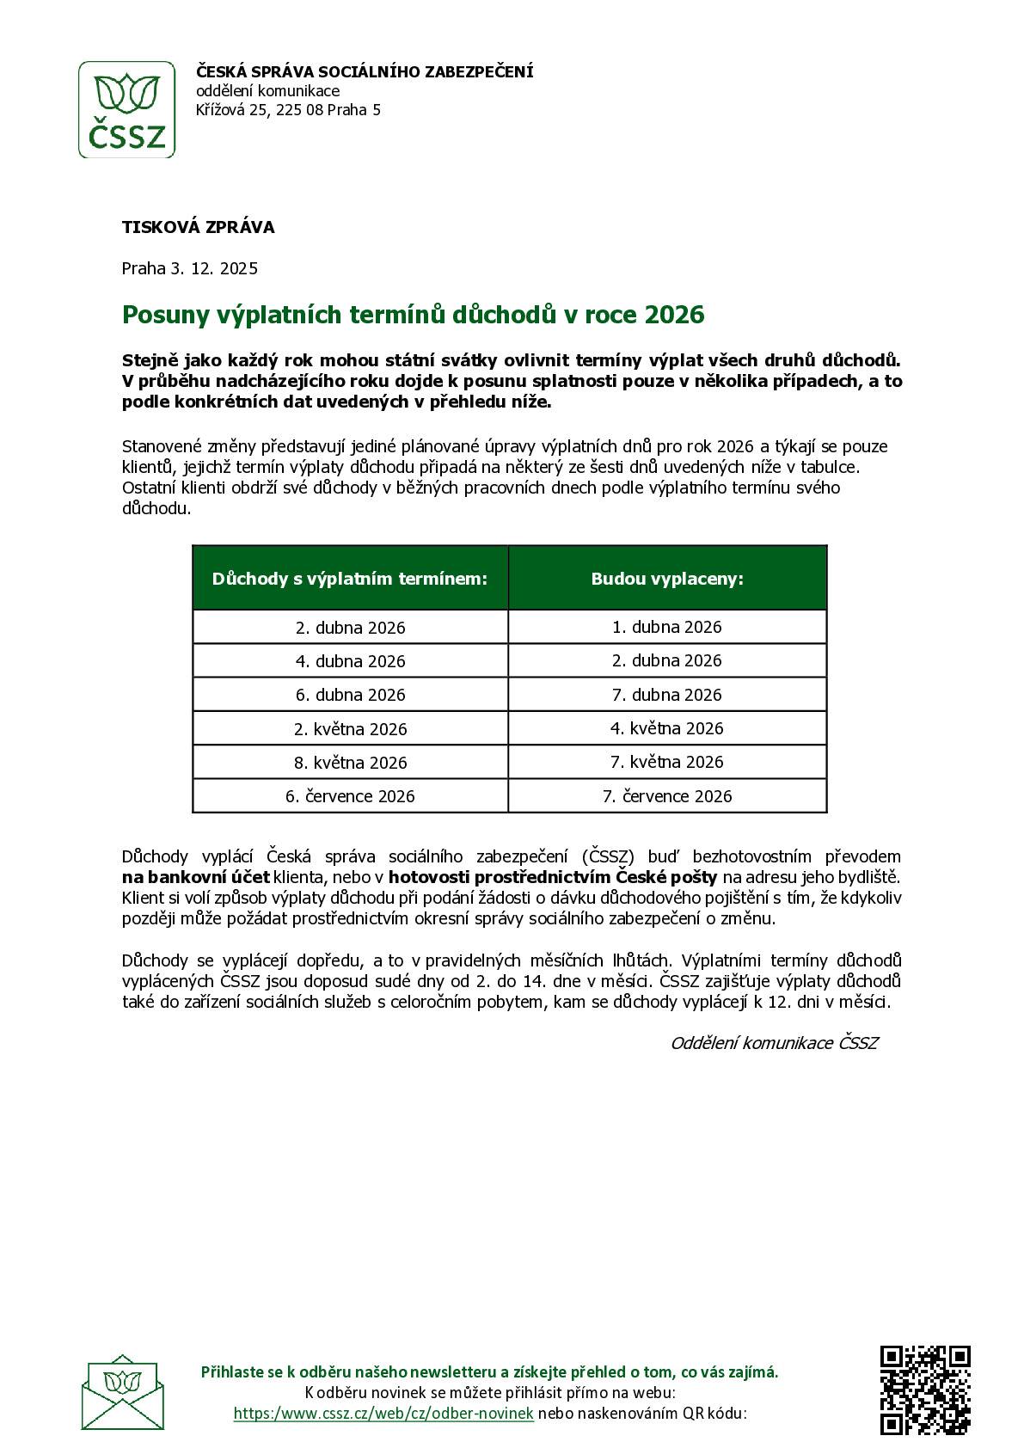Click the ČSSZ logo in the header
pyautogui.click(x=127, y=109)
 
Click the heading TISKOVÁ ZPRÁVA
pyautogui.click(x=198, y=227)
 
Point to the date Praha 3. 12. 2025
pyautogui.click(x=189, y=268)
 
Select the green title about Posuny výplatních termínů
pyautogui.click(x=413, y=315)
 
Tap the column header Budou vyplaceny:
pyautogui.click(x=666, y=579)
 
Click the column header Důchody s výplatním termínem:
pyautogui.click(x=350, y=579)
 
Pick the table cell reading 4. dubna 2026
pyautogui.click(x=350, y=661)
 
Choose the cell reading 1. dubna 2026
pyautogui.click(x=666, y=627)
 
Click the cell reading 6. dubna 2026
pyautogui.click(x=350, y=695)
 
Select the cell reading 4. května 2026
pyautogui.click(x=666, y=728)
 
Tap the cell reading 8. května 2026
pyautogui.click(x=350, y=763)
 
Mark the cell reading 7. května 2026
pyautogui.click(x=666, y=762)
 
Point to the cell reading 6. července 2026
pyautogui.click(x=350, y=796)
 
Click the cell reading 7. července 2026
pyautogui.click(x=666, y=796)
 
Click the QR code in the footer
pyautogui.click(x=925, y=1390)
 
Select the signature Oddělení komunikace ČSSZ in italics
pyautogui.click(x=774, y=1043)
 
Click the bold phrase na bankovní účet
pyautogui.click(x=195, y=877)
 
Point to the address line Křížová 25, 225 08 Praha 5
pyautogui.click(x=288, y=110)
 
